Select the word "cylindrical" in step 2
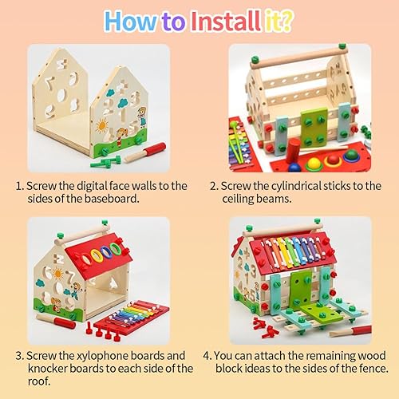(x=282, y=185)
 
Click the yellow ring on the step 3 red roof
(x=102, y=255)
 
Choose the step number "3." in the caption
(x=21, y=356)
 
